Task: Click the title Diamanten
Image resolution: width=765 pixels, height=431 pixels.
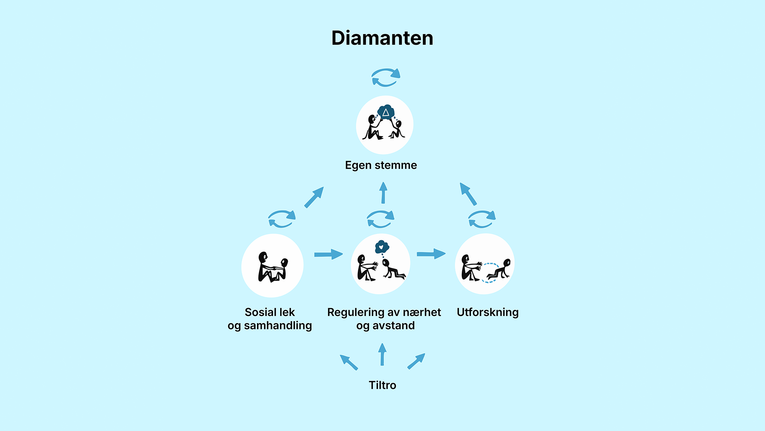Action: pos(382,38)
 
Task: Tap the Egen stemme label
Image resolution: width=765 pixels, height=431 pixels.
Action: pos(381,165)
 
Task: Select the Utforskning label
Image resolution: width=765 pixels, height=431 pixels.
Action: pos(487,312)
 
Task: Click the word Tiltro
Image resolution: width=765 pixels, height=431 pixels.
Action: pos(382,385)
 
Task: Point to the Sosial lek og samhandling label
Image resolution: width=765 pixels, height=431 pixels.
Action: pos(270,319)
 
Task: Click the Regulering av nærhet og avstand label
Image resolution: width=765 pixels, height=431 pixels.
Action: pos(384,319)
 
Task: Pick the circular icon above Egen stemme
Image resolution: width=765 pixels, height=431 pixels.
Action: pos(384,125)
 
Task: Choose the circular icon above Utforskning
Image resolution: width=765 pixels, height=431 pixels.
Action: pos(484,264)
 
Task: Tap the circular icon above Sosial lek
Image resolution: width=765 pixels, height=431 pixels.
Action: pos(273,265)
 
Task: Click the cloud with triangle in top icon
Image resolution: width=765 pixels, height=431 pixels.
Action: pos(386,112)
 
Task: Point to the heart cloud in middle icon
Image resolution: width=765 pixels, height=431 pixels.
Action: pos(382,247)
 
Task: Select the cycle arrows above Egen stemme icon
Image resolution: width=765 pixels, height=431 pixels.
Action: pos(386,77)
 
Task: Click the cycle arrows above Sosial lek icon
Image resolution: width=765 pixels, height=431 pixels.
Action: pos(282,219)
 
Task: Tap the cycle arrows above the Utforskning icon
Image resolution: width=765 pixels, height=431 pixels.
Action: pos(482,219)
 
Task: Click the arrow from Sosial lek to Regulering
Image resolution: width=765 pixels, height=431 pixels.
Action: pos(328,254)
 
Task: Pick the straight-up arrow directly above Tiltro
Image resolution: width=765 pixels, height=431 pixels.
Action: pos(382,354)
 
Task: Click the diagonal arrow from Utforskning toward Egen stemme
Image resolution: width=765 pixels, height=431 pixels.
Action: pos(468,194)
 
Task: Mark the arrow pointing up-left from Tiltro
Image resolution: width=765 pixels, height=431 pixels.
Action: pos(349,362)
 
